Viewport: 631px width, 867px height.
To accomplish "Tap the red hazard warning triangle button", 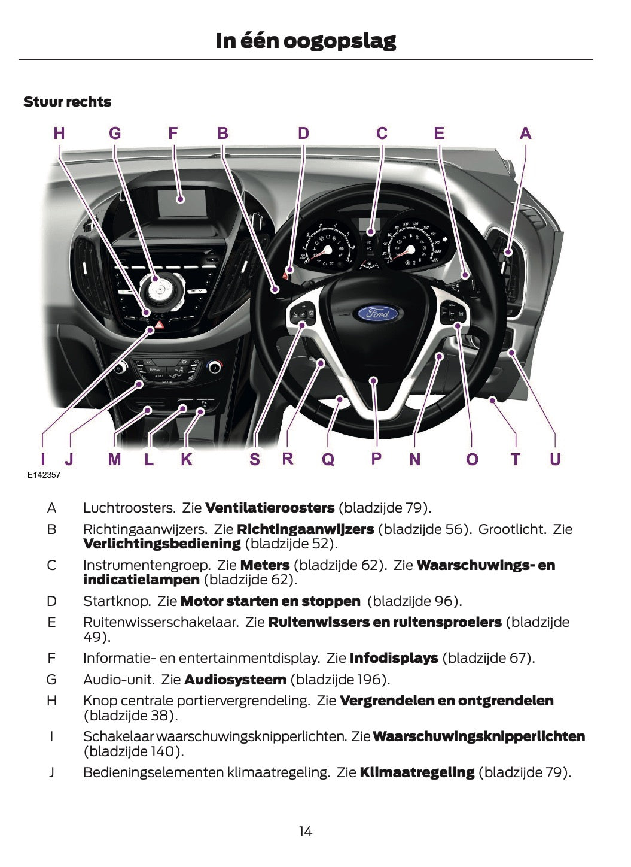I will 160,327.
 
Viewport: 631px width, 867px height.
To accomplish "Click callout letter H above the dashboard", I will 59,133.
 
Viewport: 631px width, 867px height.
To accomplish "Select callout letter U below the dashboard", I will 555,459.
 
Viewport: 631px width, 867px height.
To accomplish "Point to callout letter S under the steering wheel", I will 255,459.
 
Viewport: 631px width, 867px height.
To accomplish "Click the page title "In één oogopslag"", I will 306,41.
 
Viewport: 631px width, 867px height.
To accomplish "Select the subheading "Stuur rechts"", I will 67,102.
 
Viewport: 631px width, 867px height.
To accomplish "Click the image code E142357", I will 44,475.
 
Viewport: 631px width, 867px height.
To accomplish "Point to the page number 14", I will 306,831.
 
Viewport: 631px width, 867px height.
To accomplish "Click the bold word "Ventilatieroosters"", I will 270,508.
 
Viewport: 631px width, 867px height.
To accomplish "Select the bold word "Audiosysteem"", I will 235,679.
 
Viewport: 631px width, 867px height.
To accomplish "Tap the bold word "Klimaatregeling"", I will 417,772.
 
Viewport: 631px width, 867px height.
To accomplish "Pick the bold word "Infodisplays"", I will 394,657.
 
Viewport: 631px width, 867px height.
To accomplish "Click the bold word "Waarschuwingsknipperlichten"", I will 478,736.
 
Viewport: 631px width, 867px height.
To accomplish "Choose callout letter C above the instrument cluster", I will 382,133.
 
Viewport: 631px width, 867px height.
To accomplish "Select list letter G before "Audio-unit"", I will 51,679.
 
